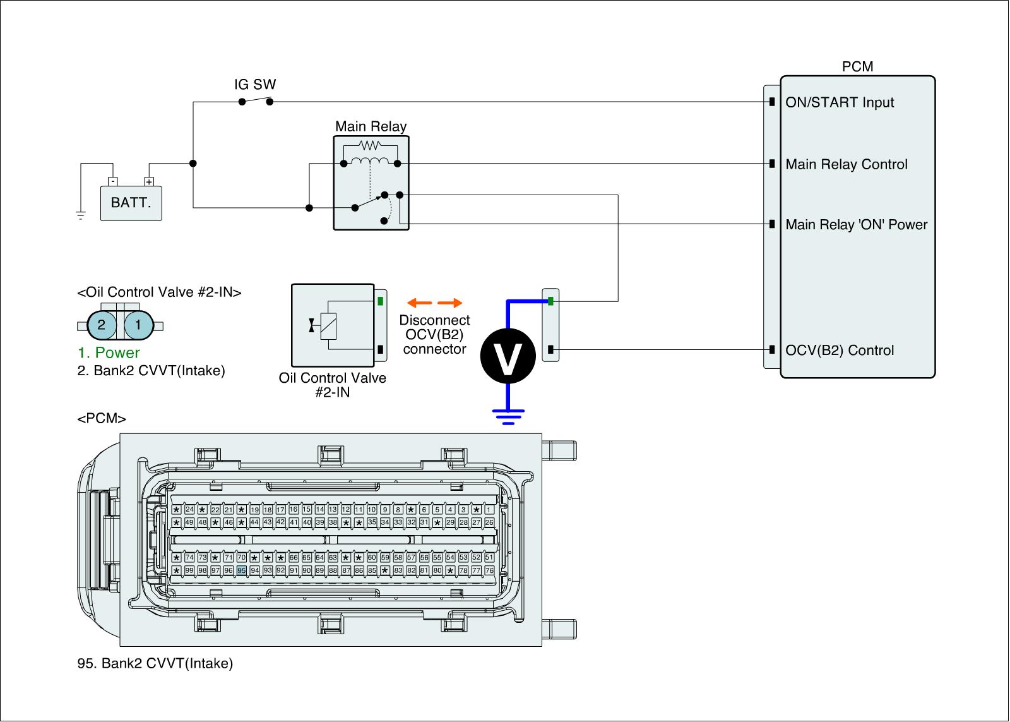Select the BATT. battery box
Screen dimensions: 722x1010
click(131, 203)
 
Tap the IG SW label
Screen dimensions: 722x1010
click(255, 85)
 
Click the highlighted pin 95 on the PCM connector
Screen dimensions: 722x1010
click(241, 570)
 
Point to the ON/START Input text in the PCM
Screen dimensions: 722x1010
click(840, 102)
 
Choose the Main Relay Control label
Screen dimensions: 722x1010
click(847, 164)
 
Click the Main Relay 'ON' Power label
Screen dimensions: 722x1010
click(857, 224)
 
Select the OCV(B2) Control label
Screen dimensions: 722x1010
click(840, 351)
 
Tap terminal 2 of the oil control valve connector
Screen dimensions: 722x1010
click(102, 325)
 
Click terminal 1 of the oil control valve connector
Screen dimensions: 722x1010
click(138, 325)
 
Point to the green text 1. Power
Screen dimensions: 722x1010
click(109, 352)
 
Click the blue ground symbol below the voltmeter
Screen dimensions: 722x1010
click(508, 416)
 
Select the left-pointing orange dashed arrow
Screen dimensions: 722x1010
click(419, 303)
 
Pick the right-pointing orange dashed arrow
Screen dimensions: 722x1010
click(450, 303)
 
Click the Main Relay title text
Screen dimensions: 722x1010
click(371, 126)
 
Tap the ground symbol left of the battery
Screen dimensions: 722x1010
click(81, 215)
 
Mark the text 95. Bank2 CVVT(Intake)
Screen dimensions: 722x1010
click(155, 663)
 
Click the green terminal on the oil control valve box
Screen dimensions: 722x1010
click(380, 301)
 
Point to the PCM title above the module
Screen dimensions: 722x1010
click(857, 67)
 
